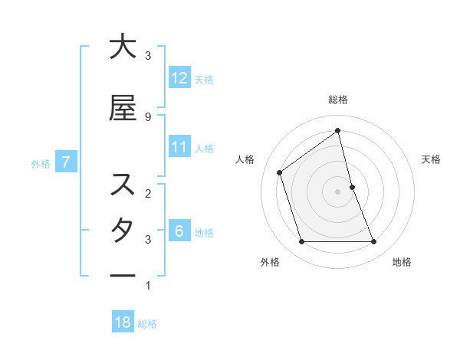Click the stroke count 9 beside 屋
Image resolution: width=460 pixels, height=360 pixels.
[x=147, y=116]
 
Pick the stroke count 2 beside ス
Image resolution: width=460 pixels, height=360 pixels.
[x=147, y=192]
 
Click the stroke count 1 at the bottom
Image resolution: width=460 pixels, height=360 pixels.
[x=147, y=286]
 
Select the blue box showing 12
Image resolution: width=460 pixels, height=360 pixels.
[x=179, y=77]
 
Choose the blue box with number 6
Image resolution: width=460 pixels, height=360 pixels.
[x=179, y=231]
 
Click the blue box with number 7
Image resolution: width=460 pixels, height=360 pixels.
[x=67, y=162]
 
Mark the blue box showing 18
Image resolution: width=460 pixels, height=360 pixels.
[x=123, y=322]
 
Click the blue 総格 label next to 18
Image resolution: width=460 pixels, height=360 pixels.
[x=147, y=324]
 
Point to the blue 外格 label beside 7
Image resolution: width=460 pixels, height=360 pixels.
[x=41, y=163]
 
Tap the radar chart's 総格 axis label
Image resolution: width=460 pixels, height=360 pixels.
[x=337, y=100]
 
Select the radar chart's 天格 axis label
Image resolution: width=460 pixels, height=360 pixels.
[x=431, y=159]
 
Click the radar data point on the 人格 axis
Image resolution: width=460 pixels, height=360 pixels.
[x=280, y=172]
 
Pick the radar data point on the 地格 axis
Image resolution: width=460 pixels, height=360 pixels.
[x=373, y=242]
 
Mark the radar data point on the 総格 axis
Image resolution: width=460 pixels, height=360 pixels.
[x=337, y=130]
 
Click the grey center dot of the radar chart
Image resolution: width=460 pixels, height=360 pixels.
[x=337, y=191]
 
